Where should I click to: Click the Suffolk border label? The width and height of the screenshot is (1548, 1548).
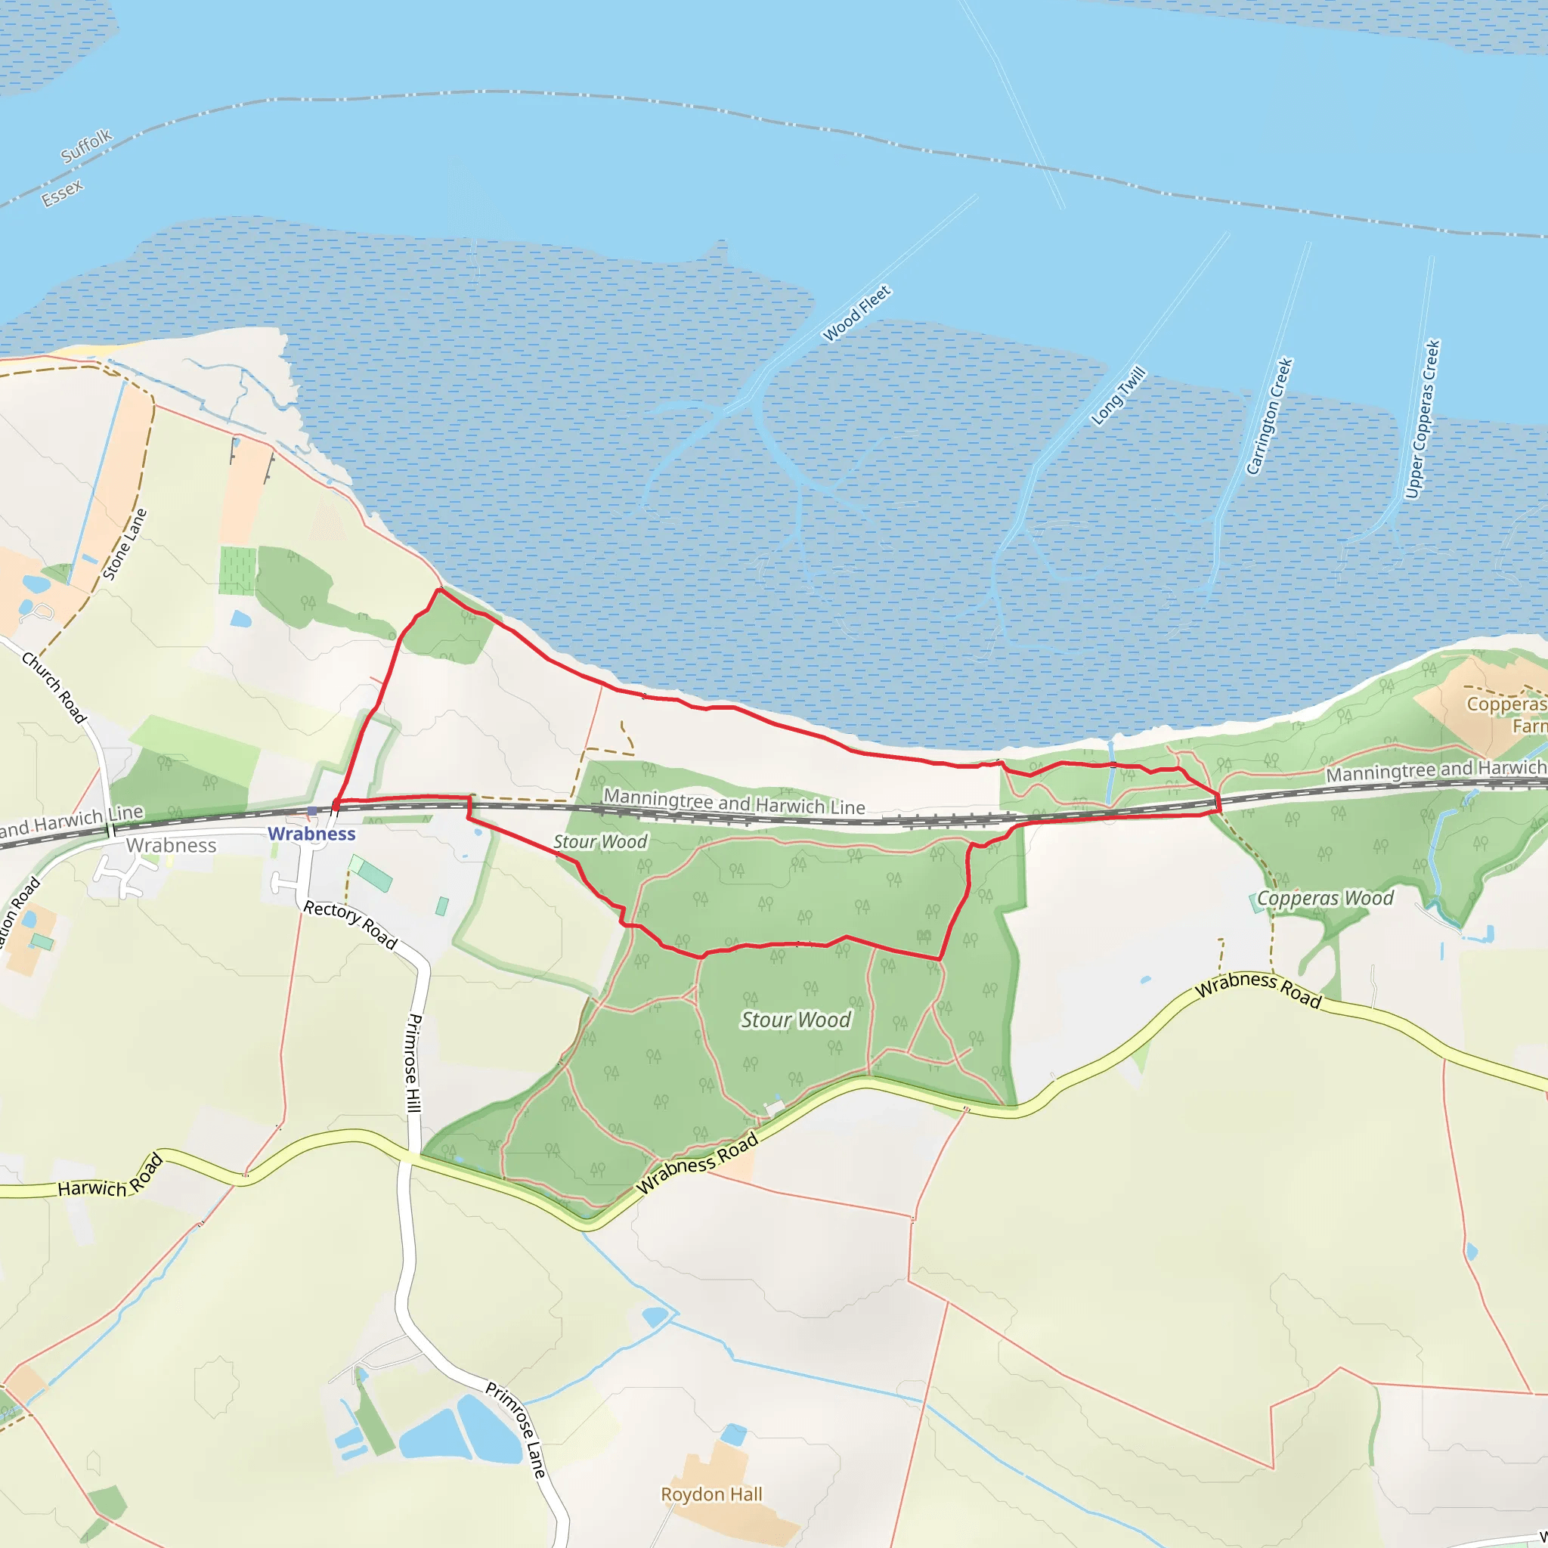[86, 146]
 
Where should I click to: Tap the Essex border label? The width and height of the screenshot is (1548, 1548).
[63, 193]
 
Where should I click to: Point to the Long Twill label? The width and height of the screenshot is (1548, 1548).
[1119, 396]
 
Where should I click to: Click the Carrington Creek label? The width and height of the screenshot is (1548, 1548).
[1270, 416]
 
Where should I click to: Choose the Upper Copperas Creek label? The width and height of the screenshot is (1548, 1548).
[1423, 419]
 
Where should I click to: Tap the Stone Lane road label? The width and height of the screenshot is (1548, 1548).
[125, 544]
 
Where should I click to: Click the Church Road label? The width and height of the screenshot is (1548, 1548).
[54, 686]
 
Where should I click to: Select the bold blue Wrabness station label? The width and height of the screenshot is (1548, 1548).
[311, 834]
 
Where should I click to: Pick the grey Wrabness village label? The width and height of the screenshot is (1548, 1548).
[171, 845]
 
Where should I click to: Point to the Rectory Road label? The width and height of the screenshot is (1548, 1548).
[350, 925]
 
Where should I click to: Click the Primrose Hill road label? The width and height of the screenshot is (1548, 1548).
[413, 1063]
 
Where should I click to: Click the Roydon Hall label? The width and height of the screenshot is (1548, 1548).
[711, 1494]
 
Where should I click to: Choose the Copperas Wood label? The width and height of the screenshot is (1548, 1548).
[1325, 898]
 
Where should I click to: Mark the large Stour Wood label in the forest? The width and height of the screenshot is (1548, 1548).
[795, 1020]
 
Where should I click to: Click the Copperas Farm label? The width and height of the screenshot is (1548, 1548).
[1506, 715]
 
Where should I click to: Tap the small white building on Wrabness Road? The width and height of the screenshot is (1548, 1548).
[775, 1108]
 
